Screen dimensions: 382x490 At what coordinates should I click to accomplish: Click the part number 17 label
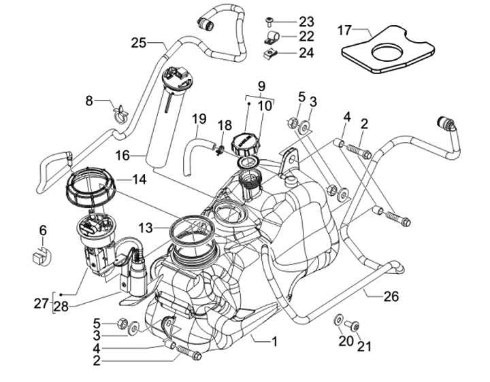pos(345,30)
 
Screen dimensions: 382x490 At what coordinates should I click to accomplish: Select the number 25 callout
pos(139,43)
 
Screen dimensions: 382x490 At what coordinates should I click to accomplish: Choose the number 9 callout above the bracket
pos(260,86)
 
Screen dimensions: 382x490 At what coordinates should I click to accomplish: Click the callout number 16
pos(122,156)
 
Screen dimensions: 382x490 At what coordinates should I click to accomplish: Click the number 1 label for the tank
pos(274,342)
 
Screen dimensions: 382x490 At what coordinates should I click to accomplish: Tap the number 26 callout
pos(391,296)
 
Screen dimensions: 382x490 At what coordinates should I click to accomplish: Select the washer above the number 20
pos(338,319)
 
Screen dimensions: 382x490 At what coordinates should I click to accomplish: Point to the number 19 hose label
pos(198,120)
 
